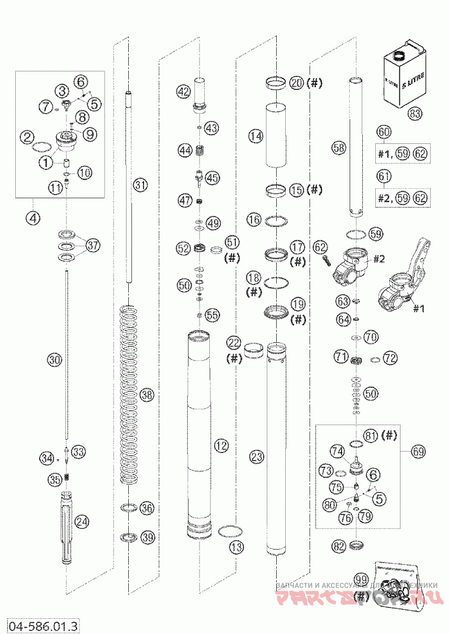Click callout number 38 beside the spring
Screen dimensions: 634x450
(x=147, y=395)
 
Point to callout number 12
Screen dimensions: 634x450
(x=221, y=446)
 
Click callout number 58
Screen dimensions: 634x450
(x=338, y=148)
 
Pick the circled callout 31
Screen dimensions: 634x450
(x=140, y=184)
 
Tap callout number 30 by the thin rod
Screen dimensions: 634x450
(x=53, y=359)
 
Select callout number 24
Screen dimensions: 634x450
(x=82, y=522)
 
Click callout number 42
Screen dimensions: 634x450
(x=183, y=90)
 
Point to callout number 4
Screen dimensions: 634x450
(x=34, y=219)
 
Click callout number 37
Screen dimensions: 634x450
(x=93, y=245)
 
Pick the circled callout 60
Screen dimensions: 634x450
(x=384, y=133)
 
